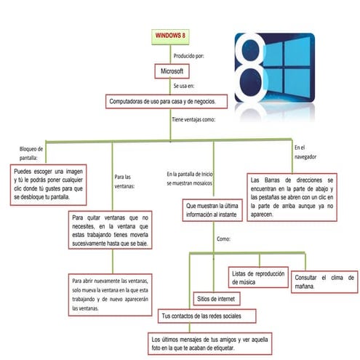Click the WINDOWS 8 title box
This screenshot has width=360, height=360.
(x=171, y=35)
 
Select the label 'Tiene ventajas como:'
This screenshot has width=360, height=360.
(x=193, y=118)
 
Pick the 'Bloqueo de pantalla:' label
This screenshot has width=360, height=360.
(x=31, y=152)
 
